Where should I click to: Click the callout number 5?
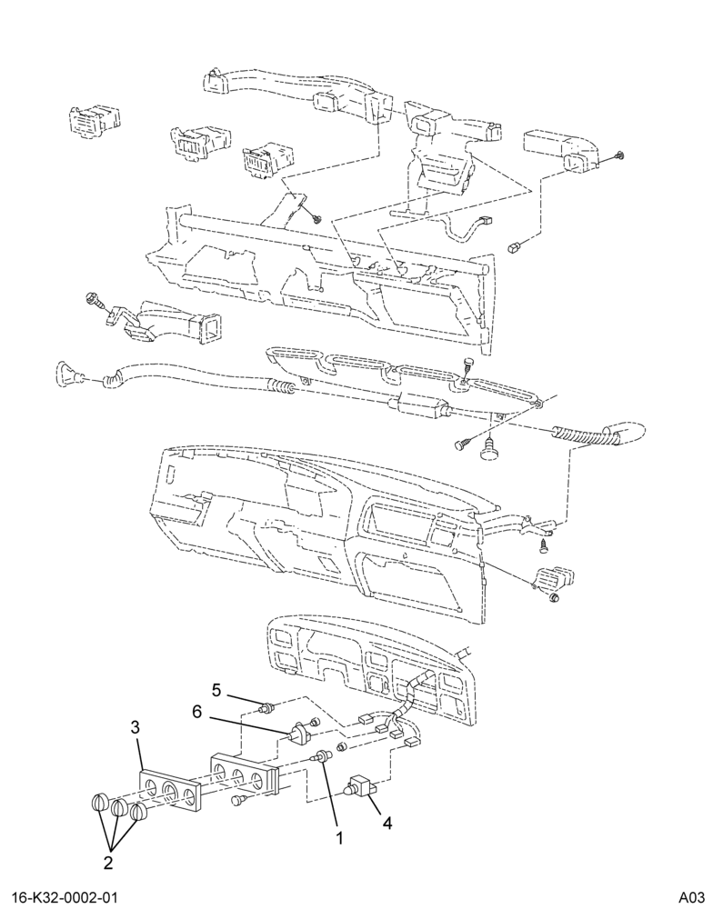click(x=216, y=690)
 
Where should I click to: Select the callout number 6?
click(x=197, y=712)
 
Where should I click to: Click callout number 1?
click(x=339, y=838)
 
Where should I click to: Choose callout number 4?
click(x=387, y=822)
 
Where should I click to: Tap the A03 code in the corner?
click(x=691, y=898)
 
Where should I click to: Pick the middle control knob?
click(x=119, y=807)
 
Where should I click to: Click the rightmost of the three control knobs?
click(x=138, y=812)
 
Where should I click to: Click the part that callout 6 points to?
click(x=300, y=734)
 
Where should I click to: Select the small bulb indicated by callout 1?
click(x=323, y=755)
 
